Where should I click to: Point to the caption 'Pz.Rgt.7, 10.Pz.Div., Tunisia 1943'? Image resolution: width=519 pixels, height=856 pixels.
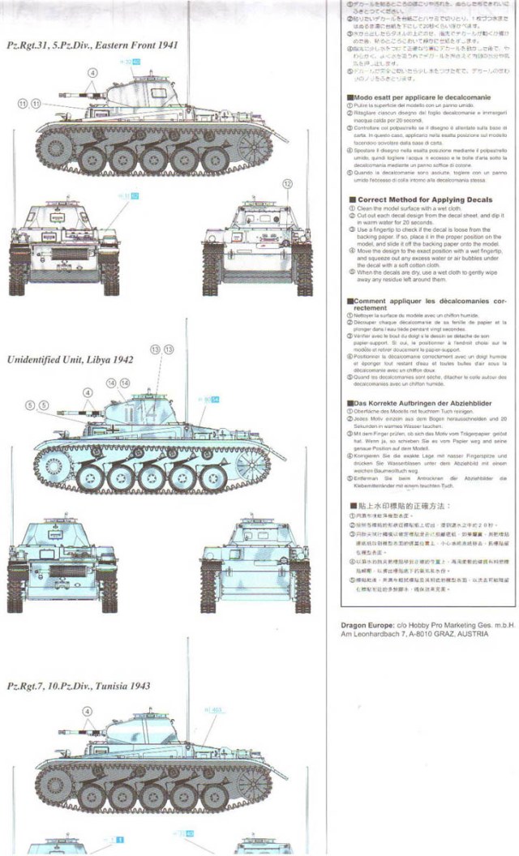[78, 686]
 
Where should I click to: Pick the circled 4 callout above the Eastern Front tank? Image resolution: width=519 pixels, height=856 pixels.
[92, 71]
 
